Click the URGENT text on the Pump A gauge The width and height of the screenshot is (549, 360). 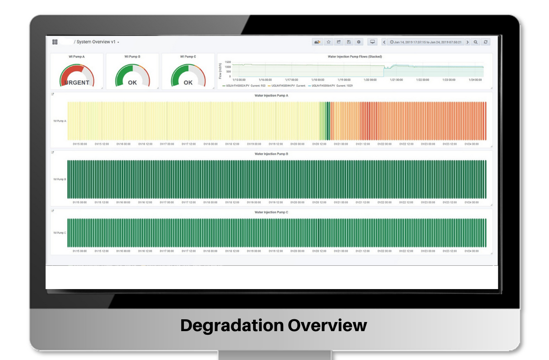77,83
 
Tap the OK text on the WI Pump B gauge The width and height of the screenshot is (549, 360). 132,83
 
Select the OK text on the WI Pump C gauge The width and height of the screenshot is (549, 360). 188,83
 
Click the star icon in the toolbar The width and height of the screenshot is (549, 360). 328,42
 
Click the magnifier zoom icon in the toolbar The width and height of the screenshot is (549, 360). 476,42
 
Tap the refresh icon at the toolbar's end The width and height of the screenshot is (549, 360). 486,42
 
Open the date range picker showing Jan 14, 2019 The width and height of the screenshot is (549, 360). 425,42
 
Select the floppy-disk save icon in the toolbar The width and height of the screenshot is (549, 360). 349,42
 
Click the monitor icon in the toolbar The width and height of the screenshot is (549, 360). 372,42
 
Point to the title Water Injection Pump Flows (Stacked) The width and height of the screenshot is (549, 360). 355,57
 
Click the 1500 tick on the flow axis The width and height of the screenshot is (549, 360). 228,62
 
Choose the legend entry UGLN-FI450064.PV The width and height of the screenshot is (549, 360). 322,86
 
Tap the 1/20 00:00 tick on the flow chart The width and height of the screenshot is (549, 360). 370,80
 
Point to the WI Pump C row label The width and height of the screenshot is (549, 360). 59,233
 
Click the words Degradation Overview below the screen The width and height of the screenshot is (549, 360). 274,326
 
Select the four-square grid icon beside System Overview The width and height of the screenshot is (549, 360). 55,42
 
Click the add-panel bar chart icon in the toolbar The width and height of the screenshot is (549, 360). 317,42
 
